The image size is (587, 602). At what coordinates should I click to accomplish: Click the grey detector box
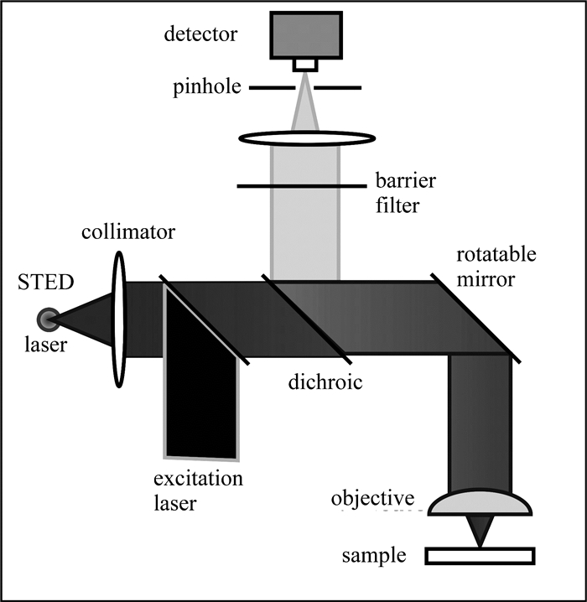(x=306, y=35)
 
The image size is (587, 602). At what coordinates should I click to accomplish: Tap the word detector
(x=200, y=34)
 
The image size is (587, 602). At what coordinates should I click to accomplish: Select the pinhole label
(x=207, y=87)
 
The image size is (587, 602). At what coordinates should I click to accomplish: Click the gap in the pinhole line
(x=305, y=88)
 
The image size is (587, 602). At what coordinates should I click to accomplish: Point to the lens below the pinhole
(x=307, y=138)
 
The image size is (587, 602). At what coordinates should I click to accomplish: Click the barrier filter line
(x=302, y=186)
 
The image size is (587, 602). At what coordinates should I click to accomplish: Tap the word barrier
(x=406, y=180)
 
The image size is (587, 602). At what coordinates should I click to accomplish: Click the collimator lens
(x=119, y=319)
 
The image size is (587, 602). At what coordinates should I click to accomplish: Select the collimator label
(x=128, y=232)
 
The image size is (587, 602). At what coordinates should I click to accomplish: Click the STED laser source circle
(x=49, y=319)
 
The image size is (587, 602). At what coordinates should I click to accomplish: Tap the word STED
(x=45, y=283)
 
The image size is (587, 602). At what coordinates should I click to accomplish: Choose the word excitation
(x=198, y=479)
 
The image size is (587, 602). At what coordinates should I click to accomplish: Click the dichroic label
(x=325, y=382)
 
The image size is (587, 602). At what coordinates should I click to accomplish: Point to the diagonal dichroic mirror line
(x=306, y=319)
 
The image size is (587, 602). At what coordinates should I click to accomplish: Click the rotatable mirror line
(x=475, y=318)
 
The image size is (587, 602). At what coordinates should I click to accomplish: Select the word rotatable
(x=496, y=254)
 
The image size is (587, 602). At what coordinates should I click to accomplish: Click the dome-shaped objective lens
(x=480, y=502)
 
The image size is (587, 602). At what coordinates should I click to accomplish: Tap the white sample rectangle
(x=480, y=556)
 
